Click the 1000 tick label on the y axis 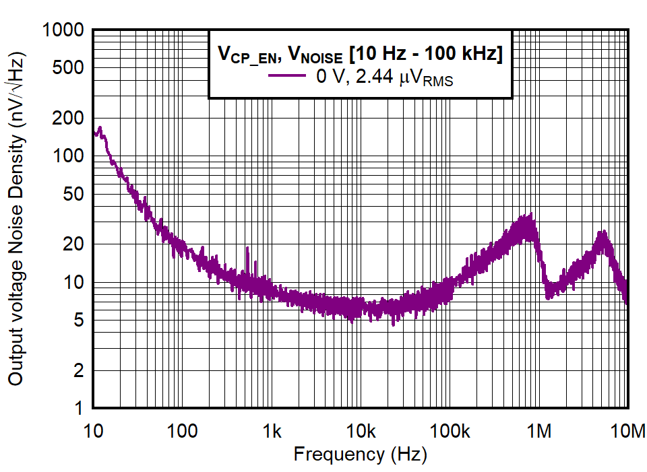64,30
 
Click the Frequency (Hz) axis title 360,455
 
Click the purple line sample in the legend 288,76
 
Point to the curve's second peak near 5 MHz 603,232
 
